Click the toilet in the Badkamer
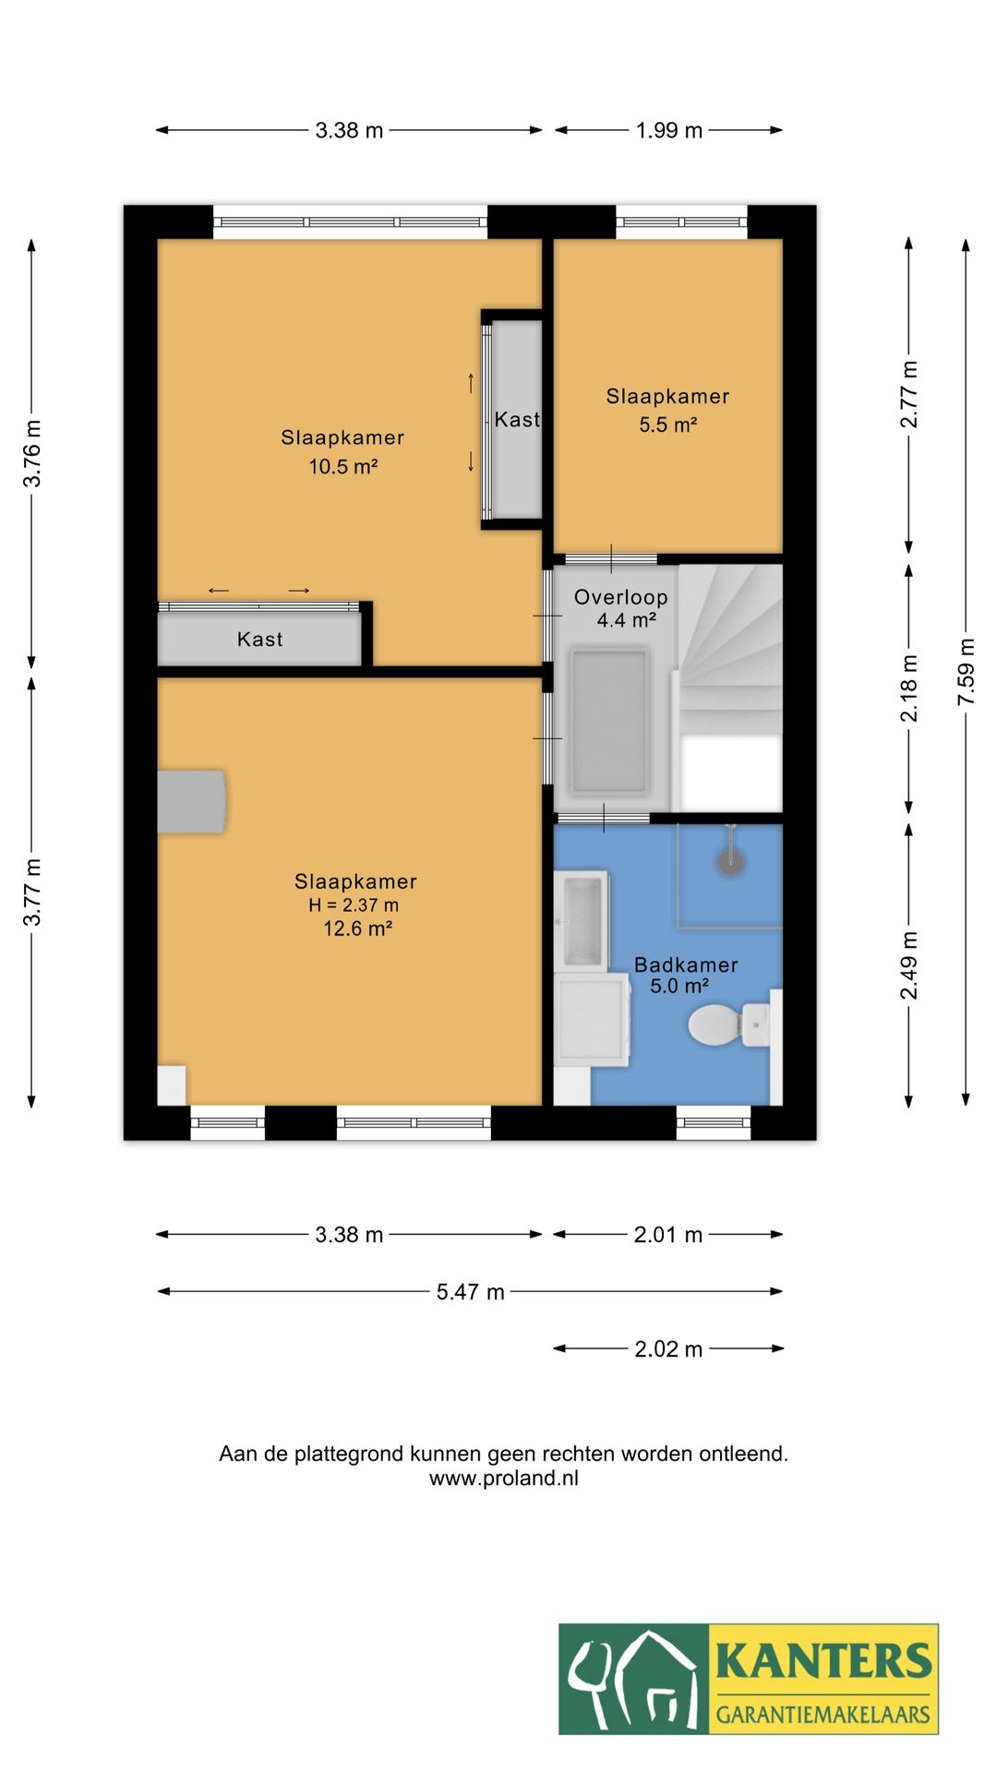click(729, 1024)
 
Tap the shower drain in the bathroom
click(731, 861)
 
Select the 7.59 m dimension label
click(966, 672)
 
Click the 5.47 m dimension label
click(471, 1292)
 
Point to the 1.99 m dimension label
click(669, 130)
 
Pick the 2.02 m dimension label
click(668, 1349)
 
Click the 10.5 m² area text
click(343, 466)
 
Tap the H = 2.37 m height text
click(354, 905)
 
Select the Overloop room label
click(621, 597)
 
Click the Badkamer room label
click(686, 965)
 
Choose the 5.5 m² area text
click(667, 425)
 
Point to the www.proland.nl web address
click(504, 1478)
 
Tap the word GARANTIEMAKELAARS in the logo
click(823, 1715)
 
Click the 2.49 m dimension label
click(909, 964)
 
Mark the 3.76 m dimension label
click(32, 453)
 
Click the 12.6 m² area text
click(357, 928)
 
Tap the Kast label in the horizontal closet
click(259, 640)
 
